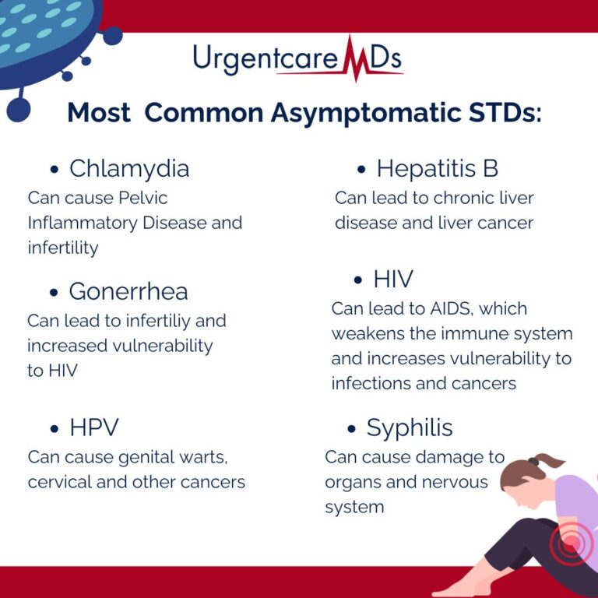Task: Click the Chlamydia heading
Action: [128, 168]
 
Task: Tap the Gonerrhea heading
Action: [128, 291]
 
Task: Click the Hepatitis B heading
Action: [437, 168]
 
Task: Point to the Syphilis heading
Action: [410, 427]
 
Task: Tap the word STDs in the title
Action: [500, 113]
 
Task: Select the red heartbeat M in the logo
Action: [353, 58]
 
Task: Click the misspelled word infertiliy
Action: [172, 321]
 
